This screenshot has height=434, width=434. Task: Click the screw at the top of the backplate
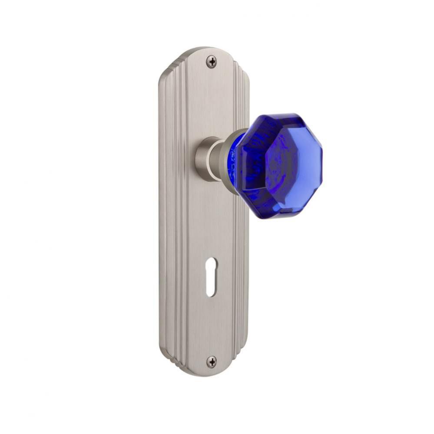211,62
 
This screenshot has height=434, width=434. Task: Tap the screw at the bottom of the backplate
211,361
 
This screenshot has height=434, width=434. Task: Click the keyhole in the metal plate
211,277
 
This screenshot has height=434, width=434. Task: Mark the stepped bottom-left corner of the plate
167,354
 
